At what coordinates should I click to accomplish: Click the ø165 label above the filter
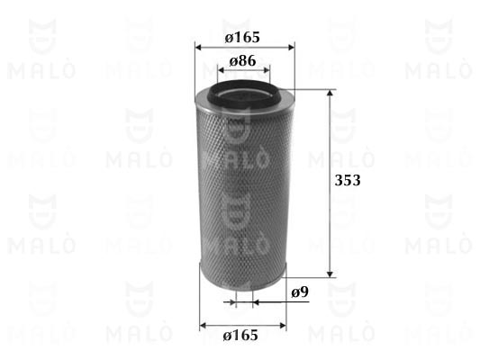pos(242,37)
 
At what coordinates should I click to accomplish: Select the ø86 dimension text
pos(242,61)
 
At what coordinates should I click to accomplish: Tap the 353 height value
pos(348,180)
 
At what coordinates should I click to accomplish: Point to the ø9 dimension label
pos(300,292)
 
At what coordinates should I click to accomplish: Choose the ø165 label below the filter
pos(240,335)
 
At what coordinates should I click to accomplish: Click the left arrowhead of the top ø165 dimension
pos(198,48)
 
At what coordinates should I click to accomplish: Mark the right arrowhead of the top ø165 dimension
pos(292,48)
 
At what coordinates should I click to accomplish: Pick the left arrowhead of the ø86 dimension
pos(221,70)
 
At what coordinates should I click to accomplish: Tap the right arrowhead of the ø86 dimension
pos(267,70)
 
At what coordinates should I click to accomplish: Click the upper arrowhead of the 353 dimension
pos(330,93)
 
